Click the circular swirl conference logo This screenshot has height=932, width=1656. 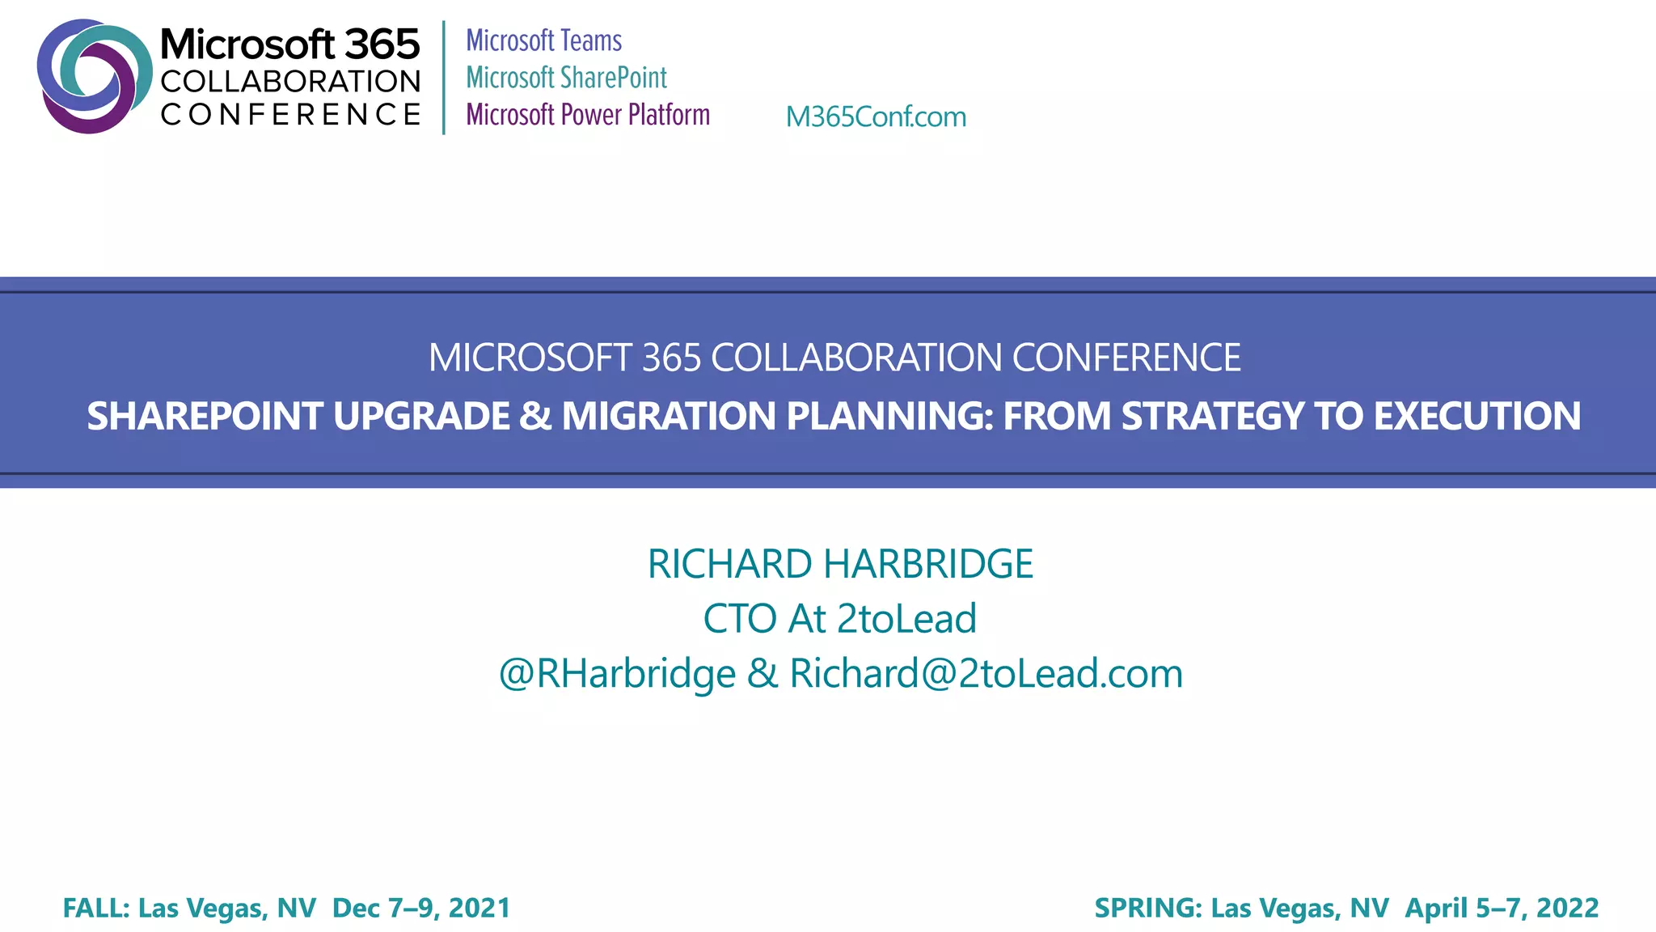[x=93, y=76]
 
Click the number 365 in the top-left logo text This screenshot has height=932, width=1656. [x=382, y=44]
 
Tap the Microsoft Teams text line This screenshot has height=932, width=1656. [x=543, y=40]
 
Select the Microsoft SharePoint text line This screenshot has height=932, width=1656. [x=566, y=78]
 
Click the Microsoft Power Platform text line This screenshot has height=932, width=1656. [x=588, y=115]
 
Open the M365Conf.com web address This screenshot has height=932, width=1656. [x=876, y=117]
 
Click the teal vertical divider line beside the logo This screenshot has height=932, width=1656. [x=444, y=77]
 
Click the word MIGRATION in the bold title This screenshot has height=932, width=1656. [x=670, y=417]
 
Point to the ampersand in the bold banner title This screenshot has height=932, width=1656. [x=534, y=417]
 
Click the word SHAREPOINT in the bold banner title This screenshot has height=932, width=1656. [x=205, y=417]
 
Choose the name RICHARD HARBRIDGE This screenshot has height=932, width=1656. [x=839, y=564]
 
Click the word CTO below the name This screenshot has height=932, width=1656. [x=739, y=619]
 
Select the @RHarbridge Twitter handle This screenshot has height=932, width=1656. [x=617, y=674]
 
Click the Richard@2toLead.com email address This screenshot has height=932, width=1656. [x=986, y=674]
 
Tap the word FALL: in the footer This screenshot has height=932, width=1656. [x=96, y=908]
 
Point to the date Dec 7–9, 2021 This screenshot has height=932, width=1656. [x=421, y=908]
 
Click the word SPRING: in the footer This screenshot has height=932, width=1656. [x=1148, y=908]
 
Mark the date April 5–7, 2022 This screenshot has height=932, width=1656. [x=1502, y=908]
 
